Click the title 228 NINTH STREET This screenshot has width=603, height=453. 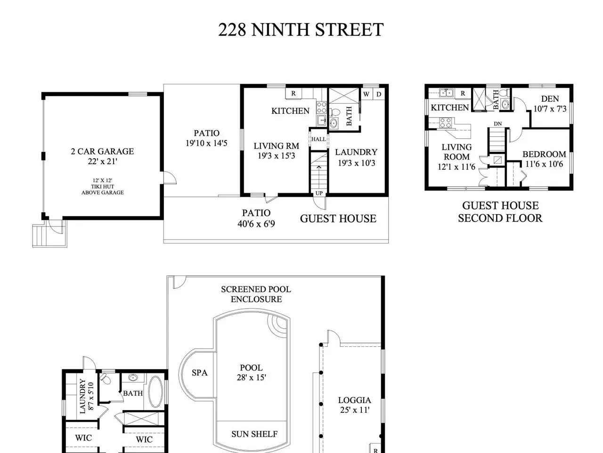coord(301,30)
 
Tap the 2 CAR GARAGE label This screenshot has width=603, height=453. coord(103,151)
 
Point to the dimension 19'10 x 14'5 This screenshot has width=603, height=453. coord(207,143)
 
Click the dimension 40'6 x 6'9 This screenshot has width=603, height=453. coord(256,224)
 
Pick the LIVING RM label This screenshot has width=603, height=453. coord(277,146)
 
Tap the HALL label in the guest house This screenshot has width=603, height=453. coord(318,139)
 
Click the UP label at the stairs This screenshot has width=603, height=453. coord(319,193)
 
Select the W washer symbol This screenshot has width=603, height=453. coord(366,94)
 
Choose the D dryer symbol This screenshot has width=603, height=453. coord(379,94)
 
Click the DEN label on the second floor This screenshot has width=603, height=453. coord(550,99)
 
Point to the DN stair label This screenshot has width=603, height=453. coord(498,124)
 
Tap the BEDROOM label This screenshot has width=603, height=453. coord(544,154)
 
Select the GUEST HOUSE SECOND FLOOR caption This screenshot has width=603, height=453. coord(500,212)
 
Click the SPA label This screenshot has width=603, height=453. coord(200,373)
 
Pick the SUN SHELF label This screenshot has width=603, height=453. coord(254,434)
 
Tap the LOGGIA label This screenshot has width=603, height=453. coord(355,400)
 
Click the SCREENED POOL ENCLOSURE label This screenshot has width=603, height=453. coord(256,294)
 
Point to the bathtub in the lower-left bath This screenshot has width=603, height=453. coord(155,392)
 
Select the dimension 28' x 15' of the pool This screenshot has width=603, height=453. coord(252,377)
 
